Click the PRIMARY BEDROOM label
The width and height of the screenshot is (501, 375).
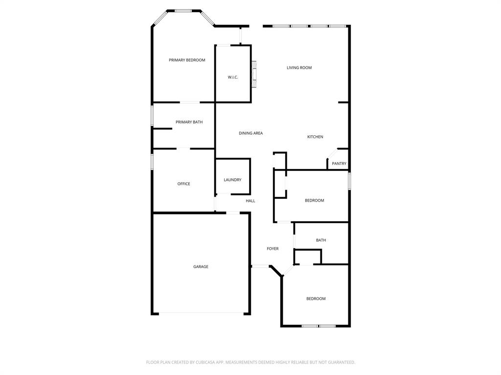pos(187,60)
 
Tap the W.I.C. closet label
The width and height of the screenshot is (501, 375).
pos(233,77)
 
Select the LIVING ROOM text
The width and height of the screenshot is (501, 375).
pos(299,68)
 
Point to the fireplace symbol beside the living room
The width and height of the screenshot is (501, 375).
pos(254,74)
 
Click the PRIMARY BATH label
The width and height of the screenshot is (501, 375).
pos(189,122)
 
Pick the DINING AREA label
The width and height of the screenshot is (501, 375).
pos(250,133)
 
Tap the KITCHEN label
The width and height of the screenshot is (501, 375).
pos(315,137)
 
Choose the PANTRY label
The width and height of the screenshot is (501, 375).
pos(339,164)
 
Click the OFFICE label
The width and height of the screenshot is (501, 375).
pos(183,184)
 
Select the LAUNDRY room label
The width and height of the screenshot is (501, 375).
pos(232,180)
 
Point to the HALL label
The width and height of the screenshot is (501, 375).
pos(250,201)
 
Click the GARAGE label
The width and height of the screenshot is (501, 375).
pos(201,267)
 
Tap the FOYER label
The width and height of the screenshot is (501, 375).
pos(273,249)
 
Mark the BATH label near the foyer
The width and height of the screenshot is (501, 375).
pos(321,240)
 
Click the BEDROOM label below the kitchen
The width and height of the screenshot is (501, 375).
pos(314,201)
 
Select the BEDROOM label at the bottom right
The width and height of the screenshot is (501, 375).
pos(316,299)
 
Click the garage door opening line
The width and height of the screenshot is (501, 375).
pos(201,313)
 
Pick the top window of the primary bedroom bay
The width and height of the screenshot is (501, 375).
pos(183,10)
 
